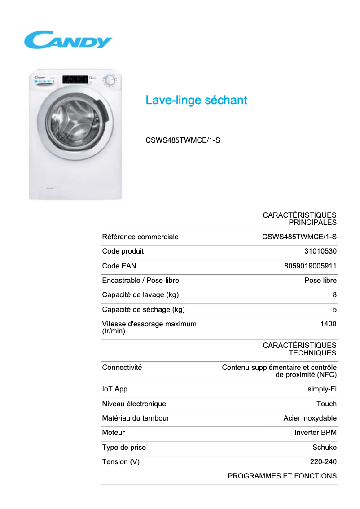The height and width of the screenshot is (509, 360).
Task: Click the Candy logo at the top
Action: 68,40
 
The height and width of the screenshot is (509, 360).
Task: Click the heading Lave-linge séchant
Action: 196,100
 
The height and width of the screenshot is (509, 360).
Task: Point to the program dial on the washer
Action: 109,81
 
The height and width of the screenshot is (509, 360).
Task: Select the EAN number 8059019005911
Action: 310,266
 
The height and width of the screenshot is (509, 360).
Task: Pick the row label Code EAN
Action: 119,266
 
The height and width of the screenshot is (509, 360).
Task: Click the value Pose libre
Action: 320,281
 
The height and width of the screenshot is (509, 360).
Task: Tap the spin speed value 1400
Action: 328,324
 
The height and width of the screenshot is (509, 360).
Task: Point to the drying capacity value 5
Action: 334,309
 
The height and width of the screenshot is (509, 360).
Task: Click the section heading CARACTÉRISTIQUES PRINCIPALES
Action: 299,219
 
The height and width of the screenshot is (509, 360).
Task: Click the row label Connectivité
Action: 122,367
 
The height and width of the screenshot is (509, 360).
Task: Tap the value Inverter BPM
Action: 315,433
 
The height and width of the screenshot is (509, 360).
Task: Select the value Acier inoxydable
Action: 310,418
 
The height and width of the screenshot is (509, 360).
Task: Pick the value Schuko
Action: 324,447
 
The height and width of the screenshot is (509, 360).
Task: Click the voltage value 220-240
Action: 323,462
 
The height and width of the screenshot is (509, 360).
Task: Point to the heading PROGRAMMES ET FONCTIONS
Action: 282,476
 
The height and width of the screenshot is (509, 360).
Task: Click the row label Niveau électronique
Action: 134,404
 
